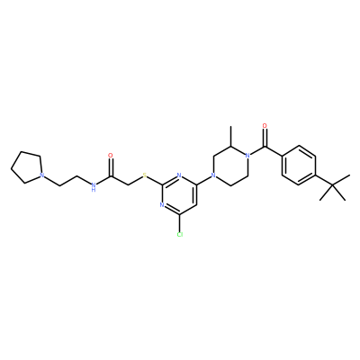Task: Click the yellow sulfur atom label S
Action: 145,175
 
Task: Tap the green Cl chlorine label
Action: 180,234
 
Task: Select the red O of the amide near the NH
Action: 111,156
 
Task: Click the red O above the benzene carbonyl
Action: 265,125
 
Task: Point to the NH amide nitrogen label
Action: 94,186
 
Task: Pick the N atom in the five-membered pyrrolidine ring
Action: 42,175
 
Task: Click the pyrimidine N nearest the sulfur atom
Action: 179,175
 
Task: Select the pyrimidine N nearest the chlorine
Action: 162,205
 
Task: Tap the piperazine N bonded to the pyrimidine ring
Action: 213,175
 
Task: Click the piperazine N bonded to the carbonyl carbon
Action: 247,156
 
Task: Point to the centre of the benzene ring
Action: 299,166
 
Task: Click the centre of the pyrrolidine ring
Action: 27,167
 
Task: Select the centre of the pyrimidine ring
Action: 179,195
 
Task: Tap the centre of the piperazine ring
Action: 230,166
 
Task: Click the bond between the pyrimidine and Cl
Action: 179,223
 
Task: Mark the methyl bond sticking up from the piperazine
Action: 230,136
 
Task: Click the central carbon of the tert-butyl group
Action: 333,185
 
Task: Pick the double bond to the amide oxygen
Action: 111,167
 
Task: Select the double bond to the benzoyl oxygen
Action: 265,138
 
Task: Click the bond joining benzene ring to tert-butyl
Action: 324,180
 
